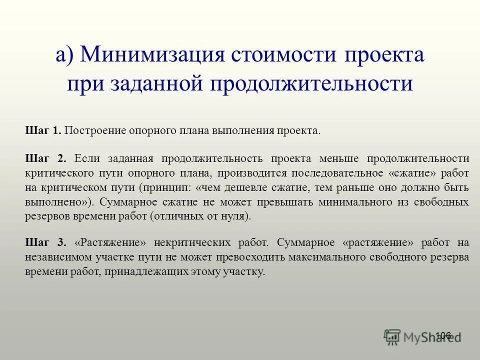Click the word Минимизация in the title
[150, 54]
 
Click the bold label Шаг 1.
[43, 131]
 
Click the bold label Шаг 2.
[45, 159]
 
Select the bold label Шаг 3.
[45, 243]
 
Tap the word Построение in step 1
[94, 131]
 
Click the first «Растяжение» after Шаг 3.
[110, 243]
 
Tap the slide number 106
[443, 335]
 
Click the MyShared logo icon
[392, 337]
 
